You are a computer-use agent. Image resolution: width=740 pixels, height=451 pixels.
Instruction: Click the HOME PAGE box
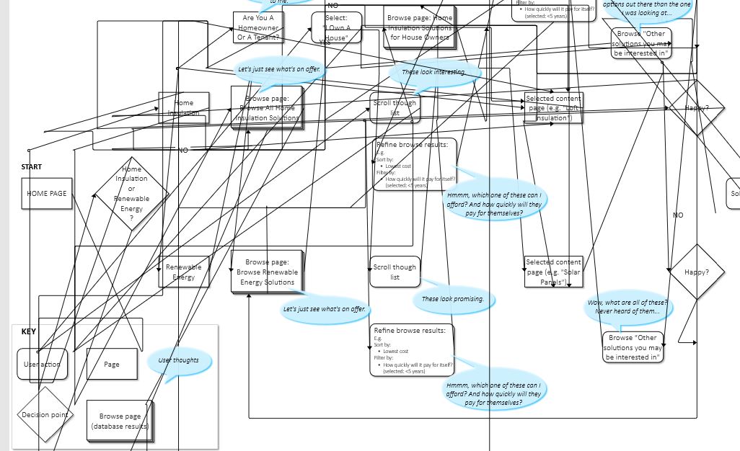pyautogui.click(x=47, y=194)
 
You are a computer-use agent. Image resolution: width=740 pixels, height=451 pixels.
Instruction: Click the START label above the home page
pyautogui.click(x=32, y=167)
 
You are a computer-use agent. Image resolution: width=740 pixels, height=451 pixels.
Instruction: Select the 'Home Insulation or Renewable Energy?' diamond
pyautogui.click(x=131, y=194)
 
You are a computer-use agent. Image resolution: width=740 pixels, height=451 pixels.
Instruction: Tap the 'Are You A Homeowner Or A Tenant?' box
pyautogui.click(x=258, y=27)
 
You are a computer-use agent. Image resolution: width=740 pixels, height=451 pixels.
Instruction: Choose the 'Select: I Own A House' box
pyautogui.click(x=337, y=28)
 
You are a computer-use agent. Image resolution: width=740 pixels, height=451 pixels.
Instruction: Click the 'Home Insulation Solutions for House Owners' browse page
pyautogui.click(x=420, y=27)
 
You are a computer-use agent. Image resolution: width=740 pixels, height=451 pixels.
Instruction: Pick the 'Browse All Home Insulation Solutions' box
pyautogui.click(x=267, y=107)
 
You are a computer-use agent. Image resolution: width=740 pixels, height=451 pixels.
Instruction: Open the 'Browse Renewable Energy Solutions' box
pyautogui.click(x=267, y=272)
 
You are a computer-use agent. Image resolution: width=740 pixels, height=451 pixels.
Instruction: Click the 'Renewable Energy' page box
pyautogui.click(x=184, y=272)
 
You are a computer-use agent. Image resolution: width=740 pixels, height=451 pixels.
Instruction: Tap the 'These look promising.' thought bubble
pyautogui.click(x=453, y=299)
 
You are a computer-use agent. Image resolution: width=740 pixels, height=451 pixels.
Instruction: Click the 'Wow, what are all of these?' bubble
pyautogui.click(x=627, y=307)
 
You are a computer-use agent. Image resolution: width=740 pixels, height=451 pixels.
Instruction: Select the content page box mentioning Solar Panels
pyautogui.click(x=553, y=272)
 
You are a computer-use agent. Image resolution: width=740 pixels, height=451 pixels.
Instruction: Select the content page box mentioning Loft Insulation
pyautogui.click(x=553, y=108)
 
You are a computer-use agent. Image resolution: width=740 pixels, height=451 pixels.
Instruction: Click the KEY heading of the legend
pyautogui.click(x=29, y=332)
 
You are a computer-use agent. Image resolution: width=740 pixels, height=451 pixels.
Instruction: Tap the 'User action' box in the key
pyautogui.click(x=42, y=364)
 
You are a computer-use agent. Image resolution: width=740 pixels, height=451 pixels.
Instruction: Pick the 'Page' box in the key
pyautogui.click(x=112, y=364)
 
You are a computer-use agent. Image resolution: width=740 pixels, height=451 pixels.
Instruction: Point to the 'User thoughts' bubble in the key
pyautogui.click(x=178, y=360)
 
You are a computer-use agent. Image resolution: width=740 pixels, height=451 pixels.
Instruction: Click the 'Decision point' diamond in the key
pyautogui.click(x=45, y=414)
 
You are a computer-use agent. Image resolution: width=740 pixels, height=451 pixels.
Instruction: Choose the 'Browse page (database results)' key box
pyautogui.click(x=120, y=421)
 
